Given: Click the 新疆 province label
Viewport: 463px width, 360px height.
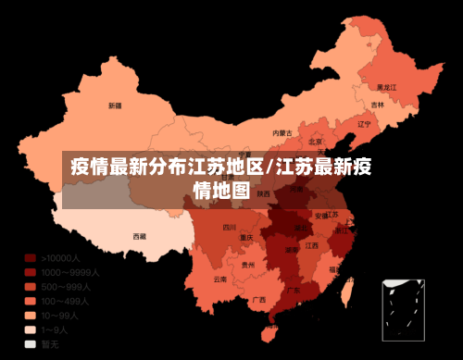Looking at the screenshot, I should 115,105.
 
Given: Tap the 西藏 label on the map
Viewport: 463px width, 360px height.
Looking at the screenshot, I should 139,236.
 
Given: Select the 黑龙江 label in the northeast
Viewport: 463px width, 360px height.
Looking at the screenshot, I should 387,87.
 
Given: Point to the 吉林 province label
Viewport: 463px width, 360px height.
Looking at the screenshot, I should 378,105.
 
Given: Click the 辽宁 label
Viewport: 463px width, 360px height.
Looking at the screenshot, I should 364,123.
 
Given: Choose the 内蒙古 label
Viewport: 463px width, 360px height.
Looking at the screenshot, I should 282,132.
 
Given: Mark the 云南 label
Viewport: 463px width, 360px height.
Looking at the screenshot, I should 219,279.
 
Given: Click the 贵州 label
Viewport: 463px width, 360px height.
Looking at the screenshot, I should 247,265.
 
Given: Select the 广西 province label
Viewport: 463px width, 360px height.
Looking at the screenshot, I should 260,300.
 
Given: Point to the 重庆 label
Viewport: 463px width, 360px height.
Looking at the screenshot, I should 246,237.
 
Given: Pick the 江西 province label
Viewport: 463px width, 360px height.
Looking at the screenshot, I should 312,246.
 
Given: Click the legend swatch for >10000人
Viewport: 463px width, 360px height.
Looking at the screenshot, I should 31,258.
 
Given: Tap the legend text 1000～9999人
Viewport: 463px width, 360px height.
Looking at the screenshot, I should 70,273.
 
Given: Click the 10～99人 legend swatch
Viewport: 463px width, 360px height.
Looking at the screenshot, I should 31,316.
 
